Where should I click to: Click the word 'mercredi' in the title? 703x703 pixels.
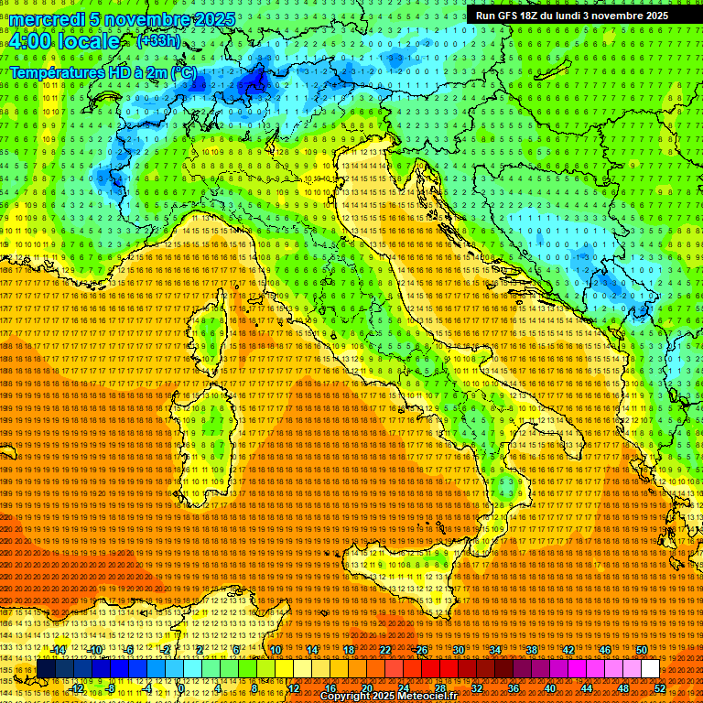click(47, 19)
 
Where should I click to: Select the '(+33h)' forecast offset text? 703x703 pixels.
click(157, 41)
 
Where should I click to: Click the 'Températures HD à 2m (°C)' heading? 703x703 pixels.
click(103, 71)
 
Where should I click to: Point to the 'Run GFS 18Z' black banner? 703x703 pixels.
click(572, 16)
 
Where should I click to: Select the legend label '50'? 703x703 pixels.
click(641, 650)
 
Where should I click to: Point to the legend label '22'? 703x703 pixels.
click(384, 650)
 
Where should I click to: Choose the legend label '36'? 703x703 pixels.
click(513, 688)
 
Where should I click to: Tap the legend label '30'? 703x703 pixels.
click(458, 650)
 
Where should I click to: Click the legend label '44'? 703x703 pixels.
click(586, 688)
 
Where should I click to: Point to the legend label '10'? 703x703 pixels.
click(276, 650)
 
